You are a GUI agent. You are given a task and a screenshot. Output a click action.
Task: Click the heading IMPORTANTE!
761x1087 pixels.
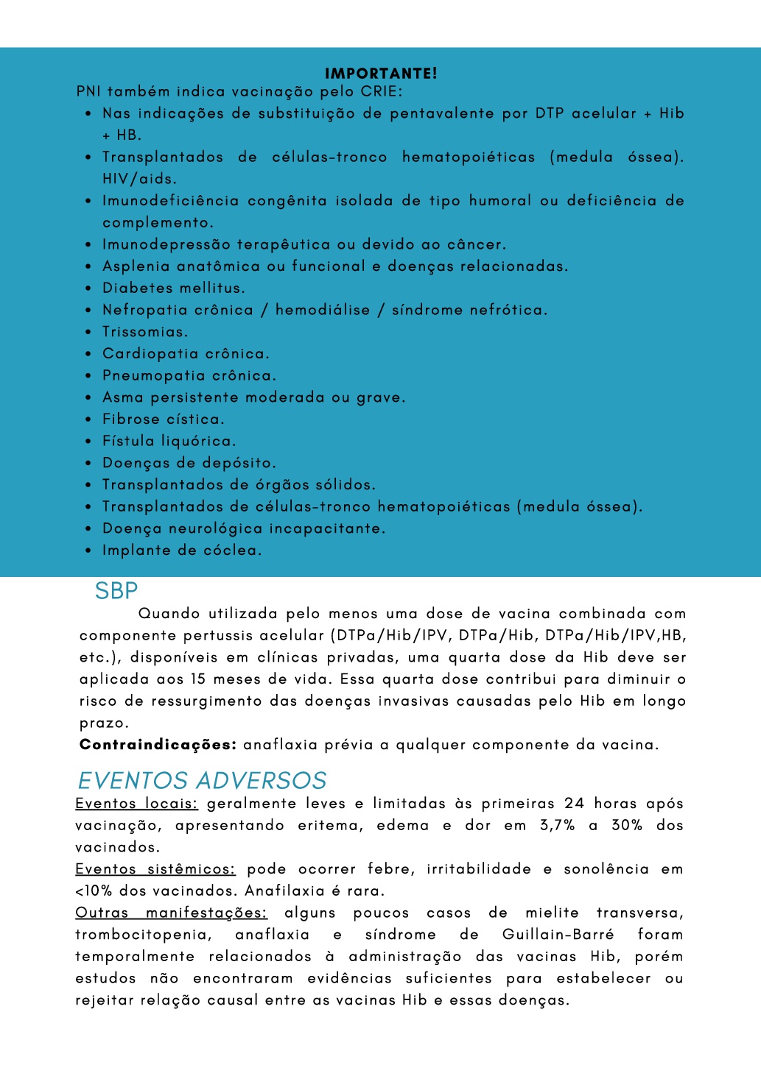[x=381, y=73]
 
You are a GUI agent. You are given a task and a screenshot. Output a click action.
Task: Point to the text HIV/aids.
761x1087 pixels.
[x=139, y=179]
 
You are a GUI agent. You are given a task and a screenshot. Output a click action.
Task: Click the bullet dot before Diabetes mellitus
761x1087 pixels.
[x=88, y=288]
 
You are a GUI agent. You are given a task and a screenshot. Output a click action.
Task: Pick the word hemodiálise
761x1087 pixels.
[x=323, y=310]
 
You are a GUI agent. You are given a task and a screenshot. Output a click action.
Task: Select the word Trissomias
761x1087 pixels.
[x=145, y=332]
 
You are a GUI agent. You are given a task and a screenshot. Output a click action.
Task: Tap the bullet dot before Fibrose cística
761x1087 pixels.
[x=88, y=419]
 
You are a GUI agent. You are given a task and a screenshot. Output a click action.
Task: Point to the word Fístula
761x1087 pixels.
[x=129, y=442]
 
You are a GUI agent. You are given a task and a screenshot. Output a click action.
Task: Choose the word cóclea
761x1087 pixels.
[x=231, y=550]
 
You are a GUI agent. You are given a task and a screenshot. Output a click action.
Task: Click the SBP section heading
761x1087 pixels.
[x=116, y=591]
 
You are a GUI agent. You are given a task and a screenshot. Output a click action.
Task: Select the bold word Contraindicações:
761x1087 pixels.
[x=158, y=745]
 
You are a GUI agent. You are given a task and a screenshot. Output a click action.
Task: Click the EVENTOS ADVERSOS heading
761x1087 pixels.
[x=202, y=780]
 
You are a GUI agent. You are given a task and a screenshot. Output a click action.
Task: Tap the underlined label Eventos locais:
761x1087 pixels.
[x=136, y=804]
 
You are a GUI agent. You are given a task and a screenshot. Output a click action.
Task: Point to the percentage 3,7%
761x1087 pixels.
[x=557, y=826]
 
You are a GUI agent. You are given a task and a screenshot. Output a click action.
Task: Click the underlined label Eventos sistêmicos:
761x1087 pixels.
[x=155, y=869]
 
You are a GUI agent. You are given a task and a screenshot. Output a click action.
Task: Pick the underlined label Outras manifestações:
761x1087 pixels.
[x=171, y=913]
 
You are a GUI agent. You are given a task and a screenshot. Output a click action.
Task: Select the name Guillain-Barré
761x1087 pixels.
[x=558, y=935]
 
